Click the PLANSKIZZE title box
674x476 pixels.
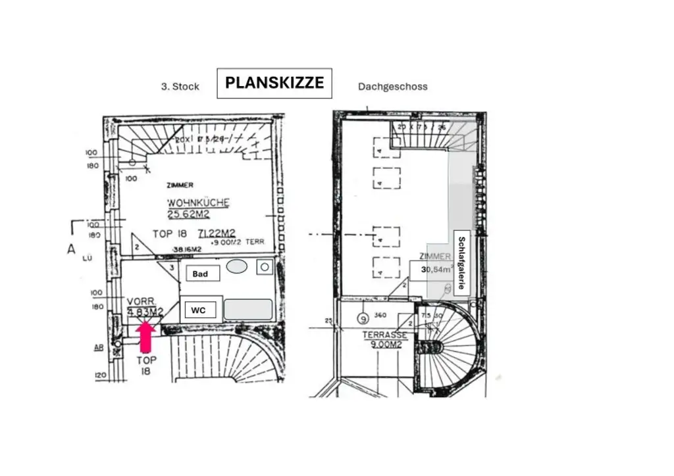pos(274,83)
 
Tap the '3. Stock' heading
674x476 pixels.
pos(180,86)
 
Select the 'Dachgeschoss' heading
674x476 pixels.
pos(392,86)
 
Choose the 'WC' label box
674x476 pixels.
pos(198,309)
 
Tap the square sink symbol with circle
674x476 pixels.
pos(265,267)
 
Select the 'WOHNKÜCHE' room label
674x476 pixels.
pos(198,202)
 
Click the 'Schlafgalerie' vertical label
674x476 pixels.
pos(462,263)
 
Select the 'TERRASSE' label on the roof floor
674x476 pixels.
pos(384,335)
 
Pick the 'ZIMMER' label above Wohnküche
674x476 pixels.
pos(180,185)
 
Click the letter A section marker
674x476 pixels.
pos(70,248)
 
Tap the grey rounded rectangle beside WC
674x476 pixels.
pos(248,309)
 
